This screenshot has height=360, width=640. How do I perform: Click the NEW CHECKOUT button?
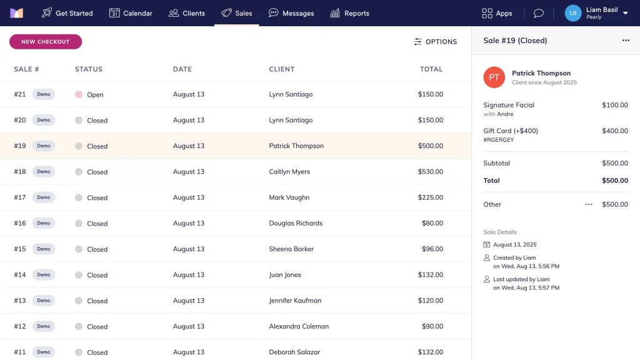pos(45,42)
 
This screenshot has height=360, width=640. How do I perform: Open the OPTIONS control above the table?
pos(435,42)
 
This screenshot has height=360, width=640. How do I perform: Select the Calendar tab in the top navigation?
pos(131,13)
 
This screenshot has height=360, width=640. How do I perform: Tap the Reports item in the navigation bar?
pos(349,13)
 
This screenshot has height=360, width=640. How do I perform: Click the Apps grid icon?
pos(487,14)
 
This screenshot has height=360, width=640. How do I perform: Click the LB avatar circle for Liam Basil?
pos(572,13)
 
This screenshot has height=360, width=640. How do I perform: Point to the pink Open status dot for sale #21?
pos(79,95)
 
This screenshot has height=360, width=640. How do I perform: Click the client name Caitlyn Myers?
pos(289,171)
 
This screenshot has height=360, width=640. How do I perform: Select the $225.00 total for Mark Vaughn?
pos(430,197)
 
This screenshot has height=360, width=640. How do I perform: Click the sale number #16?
pos(20,223)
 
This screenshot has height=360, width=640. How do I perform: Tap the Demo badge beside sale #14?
pos(44,275)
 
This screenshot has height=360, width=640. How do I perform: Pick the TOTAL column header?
pos(431,69)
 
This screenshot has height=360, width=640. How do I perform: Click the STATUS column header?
pos(89,69)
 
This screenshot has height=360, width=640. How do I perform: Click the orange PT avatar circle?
pos(494,77)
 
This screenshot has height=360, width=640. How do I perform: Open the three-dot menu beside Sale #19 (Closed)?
pos(626,41)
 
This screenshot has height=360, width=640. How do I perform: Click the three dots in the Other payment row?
pos(589,204)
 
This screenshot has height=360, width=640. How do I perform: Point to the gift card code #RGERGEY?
pos(498,140)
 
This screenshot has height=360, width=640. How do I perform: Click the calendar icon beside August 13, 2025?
pos(486,245)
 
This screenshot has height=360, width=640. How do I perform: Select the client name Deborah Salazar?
pos(294,352)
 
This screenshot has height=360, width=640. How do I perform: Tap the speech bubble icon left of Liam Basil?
pos(538,14)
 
